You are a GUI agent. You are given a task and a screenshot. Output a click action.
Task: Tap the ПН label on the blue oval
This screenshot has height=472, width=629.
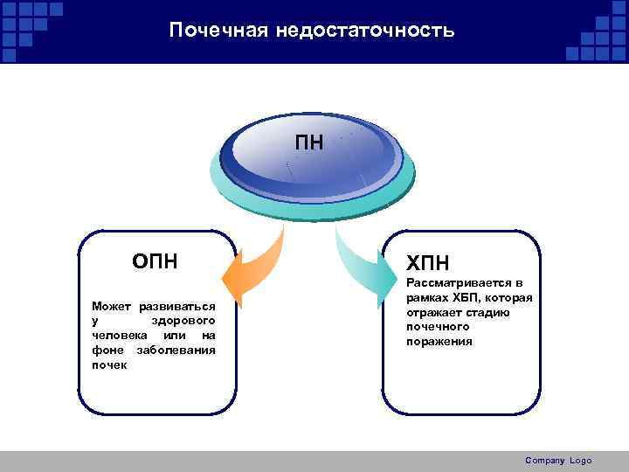[308, 142]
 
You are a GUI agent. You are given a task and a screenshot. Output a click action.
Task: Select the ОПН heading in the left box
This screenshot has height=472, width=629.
[156, 260]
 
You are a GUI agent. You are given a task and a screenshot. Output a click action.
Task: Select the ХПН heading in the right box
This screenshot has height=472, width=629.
[429, 263]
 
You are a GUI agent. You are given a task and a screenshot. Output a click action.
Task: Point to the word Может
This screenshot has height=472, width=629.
[111, 308]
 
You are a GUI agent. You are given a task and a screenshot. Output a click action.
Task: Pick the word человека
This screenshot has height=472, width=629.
[118, 336]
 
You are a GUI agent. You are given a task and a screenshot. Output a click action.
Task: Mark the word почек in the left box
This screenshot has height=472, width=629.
[109, 364]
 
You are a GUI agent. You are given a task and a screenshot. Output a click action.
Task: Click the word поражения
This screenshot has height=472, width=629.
[439, 341]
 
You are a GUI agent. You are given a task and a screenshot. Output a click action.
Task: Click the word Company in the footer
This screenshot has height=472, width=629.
[545, 461]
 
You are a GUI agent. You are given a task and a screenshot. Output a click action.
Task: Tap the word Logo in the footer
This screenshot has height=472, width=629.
[580, 461]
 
